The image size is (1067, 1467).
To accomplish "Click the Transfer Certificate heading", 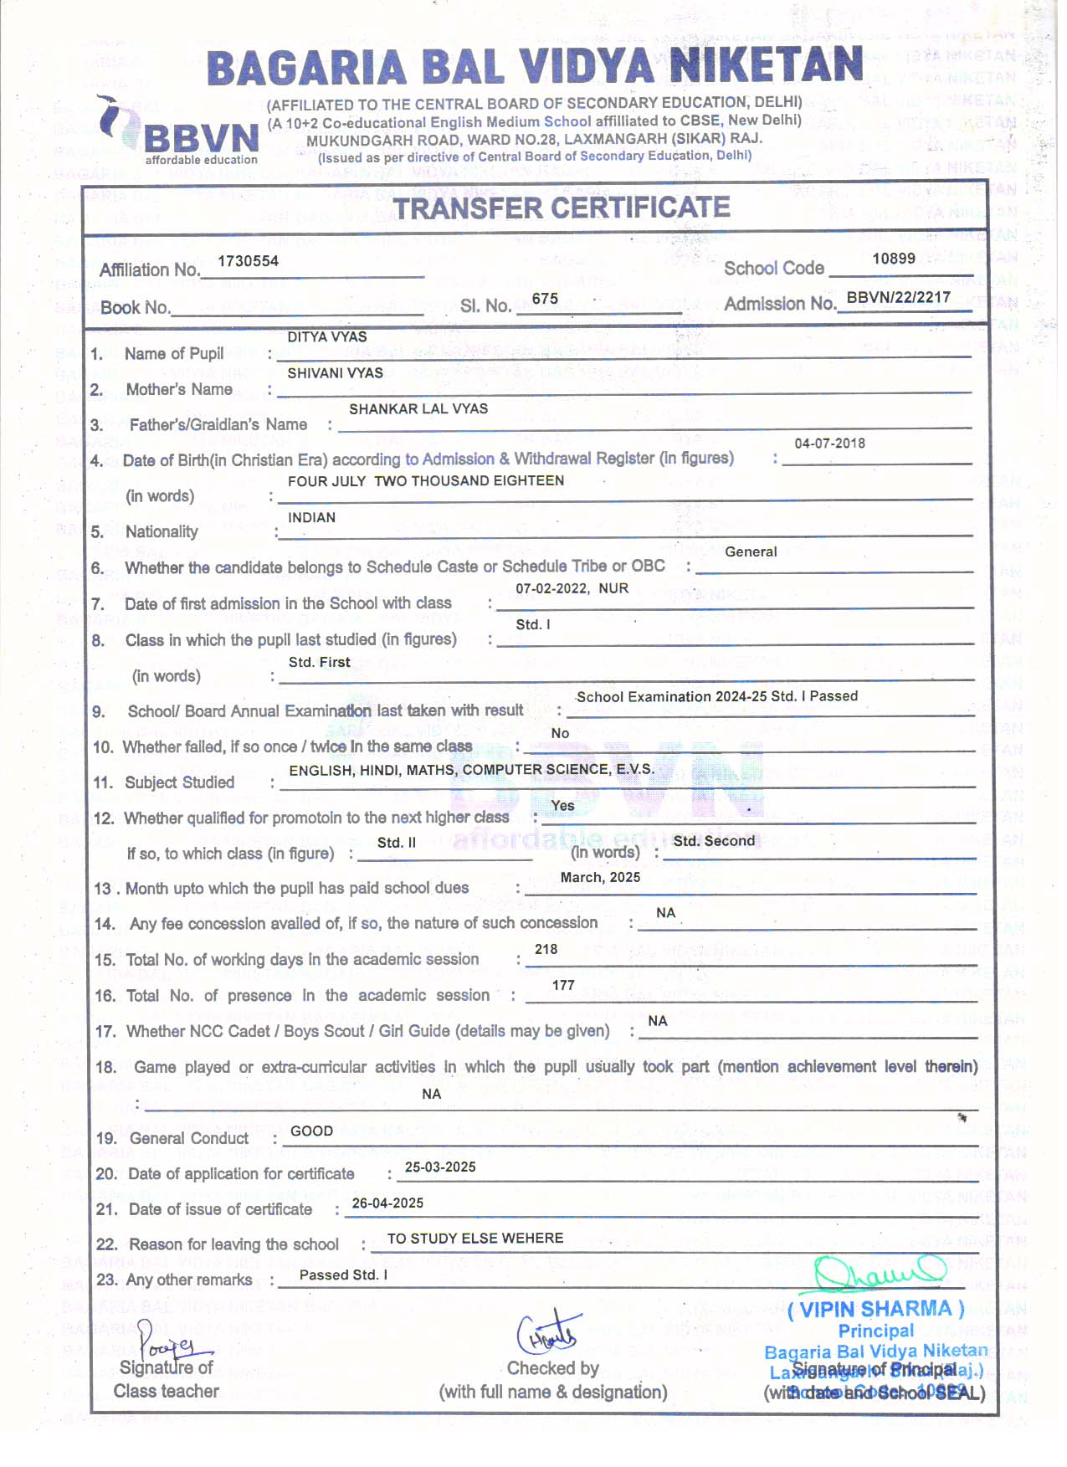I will [562, 208].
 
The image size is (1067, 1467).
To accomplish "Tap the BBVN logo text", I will [201, 138].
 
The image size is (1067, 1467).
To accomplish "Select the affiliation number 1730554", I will [248, 261].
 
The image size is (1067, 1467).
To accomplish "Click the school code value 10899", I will [893, 259].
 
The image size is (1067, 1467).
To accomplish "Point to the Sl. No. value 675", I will [545, 299].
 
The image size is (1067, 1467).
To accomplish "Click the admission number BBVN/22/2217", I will [898, 297].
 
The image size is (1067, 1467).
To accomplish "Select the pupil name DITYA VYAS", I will [327, 336].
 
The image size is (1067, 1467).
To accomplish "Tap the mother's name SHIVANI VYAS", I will [335, 372].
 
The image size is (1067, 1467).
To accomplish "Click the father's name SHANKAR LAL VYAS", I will [418, 408].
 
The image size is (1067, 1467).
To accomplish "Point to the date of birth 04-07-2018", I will [829, 444].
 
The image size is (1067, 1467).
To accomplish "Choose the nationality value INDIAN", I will [311, 517].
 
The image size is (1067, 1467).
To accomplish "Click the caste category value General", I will [751, 551].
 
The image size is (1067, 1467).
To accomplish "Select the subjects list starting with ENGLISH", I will [471, 769].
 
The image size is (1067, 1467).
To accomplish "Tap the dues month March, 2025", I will [600, 877].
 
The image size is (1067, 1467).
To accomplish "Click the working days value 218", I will [546, 949].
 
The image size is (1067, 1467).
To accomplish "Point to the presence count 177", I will [563, 985].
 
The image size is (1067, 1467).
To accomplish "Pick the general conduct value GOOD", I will [311, 1131].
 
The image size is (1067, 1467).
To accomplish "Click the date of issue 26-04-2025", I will [387, 1203].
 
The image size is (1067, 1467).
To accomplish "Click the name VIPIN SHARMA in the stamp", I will [876, 1309].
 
